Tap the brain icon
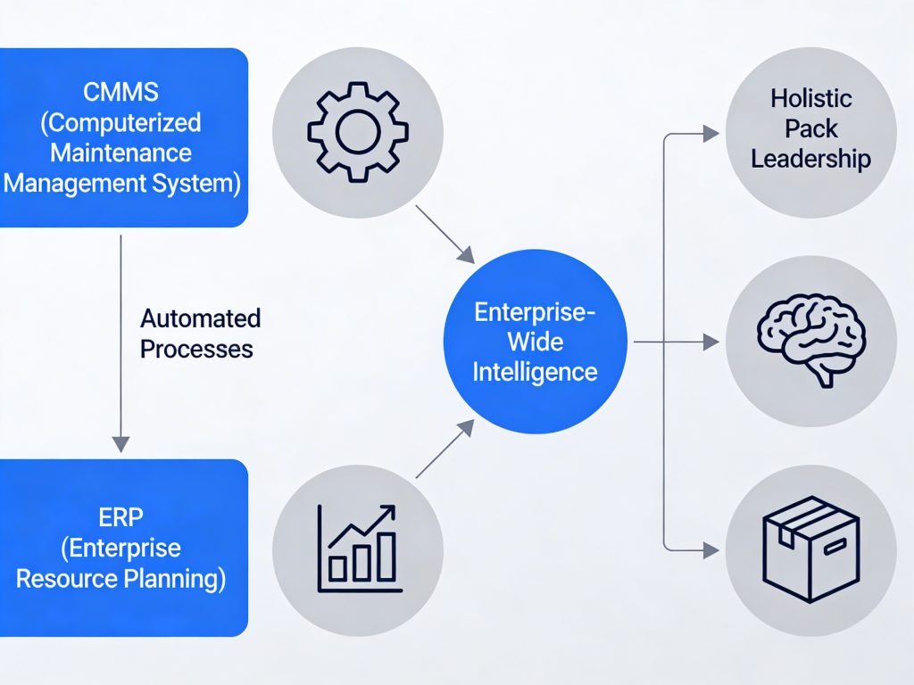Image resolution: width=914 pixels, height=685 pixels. click(810, 342)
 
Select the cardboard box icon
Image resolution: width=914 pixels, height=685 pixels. click(810, 549)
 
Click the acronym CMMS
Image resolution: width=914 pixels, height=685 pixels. click(122, 91)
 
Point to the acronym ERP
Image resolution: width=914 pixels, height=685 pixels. click(120, 516)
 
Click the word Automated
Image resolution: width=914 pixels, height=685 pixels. click(201, 318)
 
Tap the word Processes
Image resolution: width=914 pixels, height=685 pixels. click(196, 349)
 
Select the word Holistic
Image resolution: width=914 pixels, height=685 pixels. click(811, 98)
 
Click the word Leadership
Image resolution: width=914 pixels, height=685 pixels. click(810, 159)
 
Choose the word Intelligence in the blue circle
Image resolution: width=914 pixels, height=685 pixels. click(535, 371)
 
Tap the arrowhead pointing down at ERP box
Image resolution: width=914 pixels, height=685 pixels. click(121, 443)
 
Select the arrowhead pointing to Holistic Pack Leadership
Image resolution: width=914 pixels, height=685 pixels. click(710, 134)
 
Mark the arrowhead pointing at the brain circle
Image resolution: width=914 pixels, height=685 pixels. click(710, 342)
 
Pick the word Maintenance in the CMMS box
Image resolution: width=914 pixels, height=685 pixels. click(120, 152)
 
